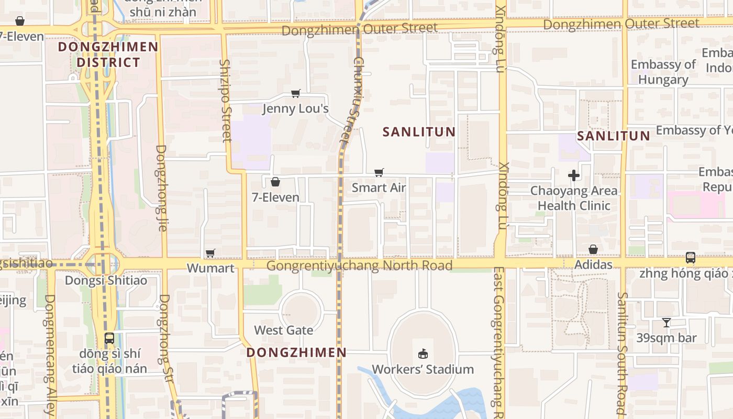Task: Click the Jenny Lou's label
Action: coord(295,108)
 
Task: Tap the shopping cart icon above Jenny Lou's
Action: coord(296,94)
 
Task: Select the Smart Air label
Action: coord(379,188)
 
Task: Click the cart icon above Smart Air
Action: coord(379,172)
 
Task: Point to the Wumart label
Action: coord(210,268)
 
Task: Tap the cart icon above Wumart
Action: coord(210,253)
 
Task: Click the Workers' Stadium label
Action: coord(423,369)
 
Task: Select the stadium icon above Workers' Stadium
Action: coord(423,354)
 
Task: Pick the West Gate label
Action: coord(284,330)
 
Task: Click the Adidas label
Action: coord(593,264)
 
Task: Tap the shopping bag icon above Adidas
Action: coord(593,249)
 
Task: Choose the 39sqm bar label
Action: coord(667,338)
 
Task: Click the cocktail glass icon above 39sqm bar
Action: coord(667,323)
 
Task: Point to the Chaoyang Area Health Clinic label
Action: coord(574,198)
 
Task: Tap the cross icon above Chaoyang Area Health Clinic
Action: coord(574,175)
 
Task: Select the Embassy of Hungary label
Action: coord(663,72)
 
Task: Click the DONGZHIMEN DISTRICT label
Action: coord(108,54)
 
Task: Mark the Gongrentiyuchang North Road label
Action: coord(359,266)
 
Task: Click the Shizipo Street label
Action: coord(226,101)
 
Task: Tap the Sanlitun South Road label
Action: coord(621,354)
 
